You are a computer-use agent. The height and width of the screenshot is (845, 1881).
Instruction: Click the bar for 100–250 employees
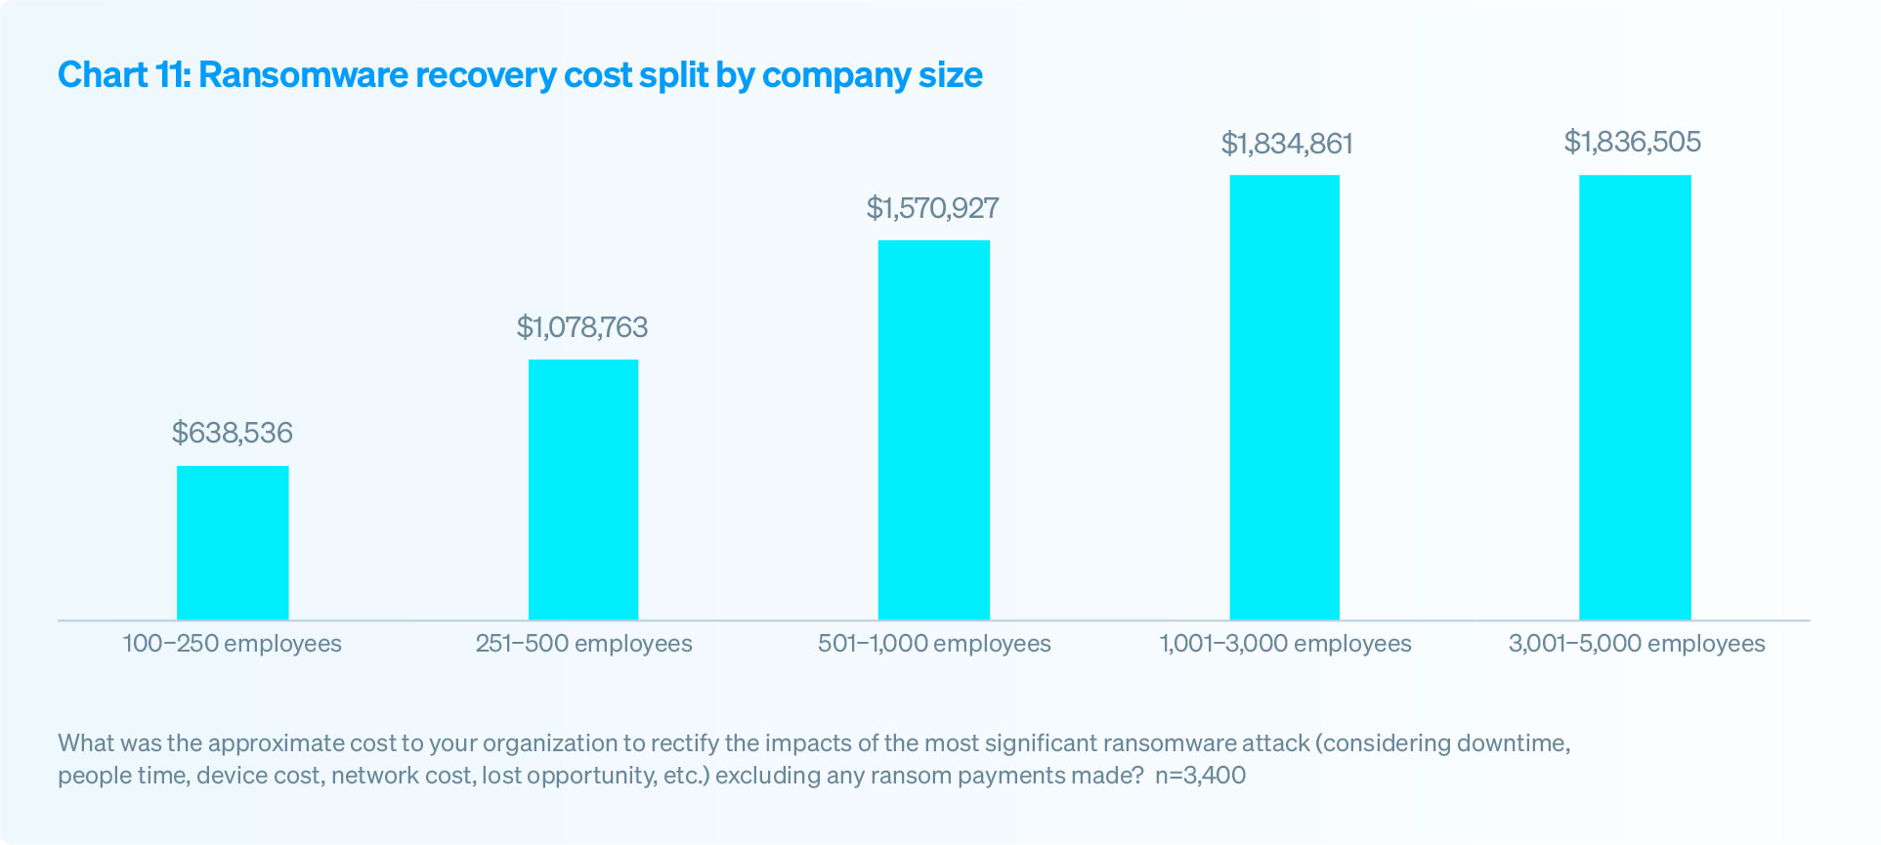[233, 542]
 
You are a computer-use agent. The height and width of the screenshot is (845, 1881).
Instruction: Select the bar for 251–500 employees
[583, 489]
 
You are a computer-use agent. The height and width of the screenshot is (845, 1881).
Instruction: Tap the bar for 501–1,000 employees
[933, 430]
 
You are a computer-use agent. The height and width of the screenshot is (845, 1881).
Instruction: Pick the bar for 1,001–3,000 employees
[1284, 397]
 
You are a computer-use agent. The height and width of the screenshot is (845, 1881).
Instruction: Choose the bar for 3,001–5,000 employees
[1635, 397]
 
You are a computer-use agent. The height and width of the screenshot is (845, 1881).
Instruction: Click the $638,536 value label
[233, 433]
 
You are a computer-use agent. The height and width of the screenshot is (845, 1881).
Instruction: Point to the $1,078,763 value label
[582, 327]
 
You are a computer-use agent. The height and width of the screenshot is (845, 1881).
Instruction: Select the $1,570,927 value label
[932, 208]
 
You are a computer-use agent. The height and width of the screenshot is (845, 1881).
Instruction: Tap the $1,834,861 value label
[1287, 145]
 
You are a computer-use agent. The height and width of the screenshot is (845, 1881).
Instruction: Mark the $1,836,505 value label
[1633, 143]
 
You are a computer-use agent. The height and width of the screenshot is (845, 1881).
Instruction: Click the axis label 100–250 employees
[233, 644]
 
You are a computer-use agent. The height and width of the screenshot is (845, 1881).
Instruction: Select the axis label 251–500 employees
[583, 644]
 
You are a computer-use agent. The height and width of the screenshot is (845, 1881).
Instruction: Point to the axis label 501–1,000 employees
[934, 644]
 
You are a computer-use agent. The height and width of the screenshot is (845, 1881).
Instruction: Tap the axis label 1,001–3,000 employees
[1285, 644]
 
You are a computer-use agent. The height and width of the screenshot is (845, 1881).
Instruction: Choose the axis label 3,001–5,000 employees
[1637, 644]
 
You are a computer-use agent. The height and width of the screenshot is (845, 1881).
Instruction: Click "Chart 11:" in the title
[124, 75]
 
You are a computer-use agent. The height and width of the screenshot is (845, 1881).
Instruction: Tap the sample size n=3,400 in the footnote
[1200, 776]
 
